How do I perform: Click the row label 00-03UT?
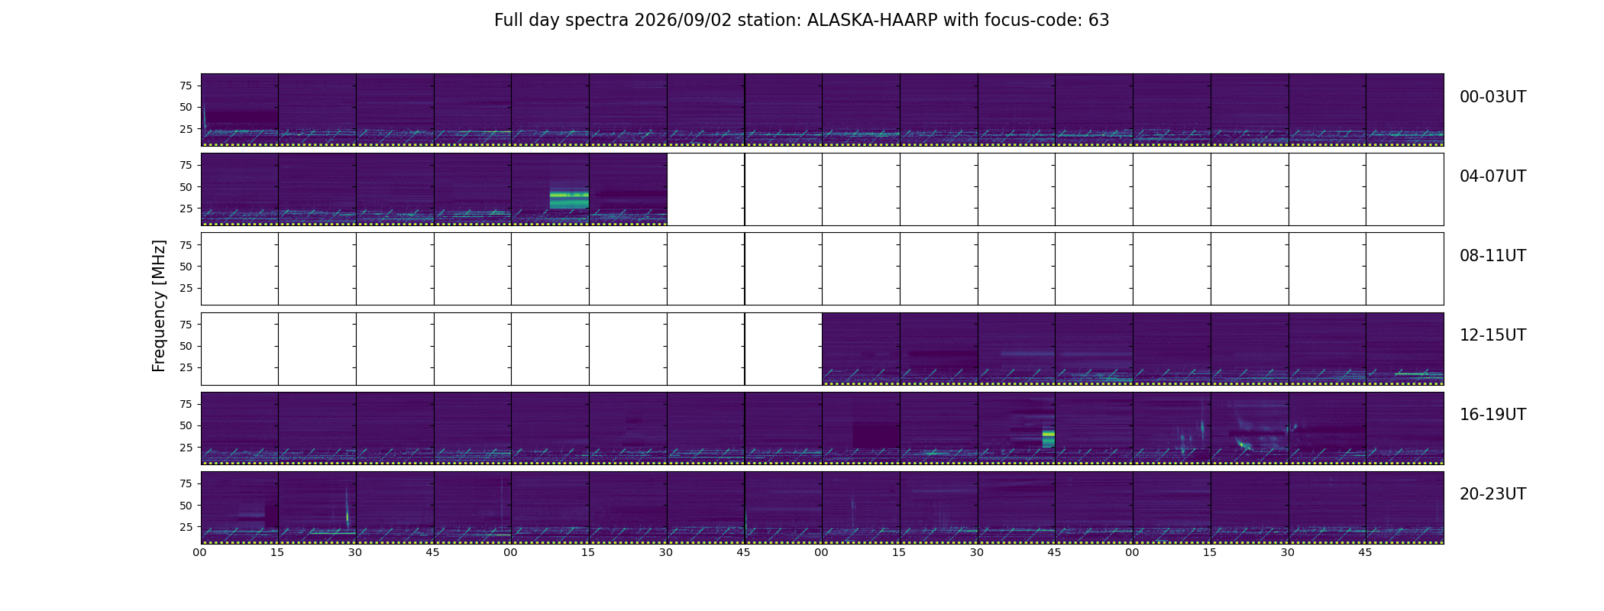1492,97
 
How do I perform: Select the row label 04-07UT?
1492,176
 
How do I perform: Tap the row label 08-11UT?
1492,256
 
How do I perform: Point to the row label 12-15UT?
1492,335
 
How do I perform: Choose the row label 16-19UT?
1492,415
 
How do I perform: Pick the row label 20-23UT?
1492,494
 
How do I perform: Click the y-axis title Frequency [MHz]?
159,306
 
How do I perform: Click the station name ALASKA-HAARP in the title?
872,21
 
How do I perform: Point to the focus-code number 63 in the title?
1098,21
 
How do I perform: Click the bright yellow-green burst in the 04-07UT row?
569,196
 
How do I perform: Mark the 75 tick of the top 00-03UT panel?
186,86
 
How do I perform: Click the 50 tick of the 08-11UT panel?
186,267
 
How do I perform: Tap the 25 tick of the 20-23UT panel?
186,527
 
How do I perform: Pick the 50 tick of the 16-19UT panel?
186,425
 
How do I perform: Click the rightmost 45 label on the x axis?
1365,552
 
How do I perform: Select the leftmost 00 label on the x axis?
200,552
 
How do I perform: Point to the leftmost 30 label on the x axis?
355,552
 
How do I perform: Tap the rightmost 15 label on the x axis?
1210,552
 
